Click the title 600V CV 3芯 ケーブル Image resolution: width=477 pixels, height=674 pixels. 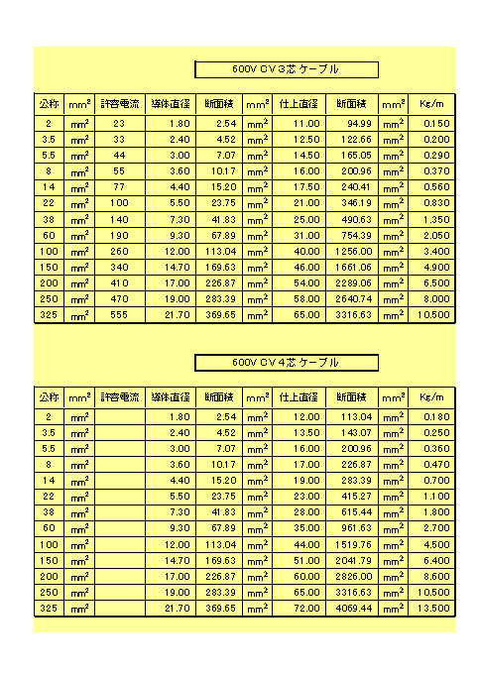click(286, 69)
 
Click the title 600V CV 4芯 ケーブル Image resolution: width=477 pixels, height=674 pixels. click(286, 363)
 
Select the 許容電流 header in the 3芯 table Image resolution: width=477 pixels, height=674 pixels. click(120, 103)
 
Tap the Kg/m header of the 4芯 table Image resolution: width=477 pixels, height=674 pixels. click(432, 396)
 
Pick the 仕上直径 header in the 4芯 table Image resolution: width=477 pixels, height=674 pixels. click(298, 396)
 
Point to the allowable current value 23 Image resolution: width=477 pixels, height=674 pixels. click(119, 123)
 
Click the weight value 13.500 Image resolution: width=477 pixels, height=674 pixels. click(432, 608)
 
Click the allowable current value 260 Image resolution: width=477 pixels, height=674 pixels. click(119, 251)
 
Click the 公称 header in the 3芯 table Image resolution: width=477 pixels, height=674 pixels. click(49, 103)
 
